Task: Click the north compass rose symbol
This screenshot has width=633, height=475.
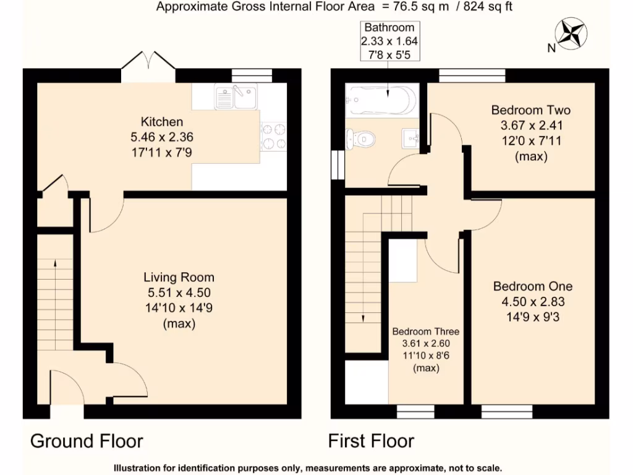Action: pyautogui.click(x=572, y=35)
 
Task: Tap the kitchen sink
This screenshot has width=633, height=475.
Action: pyautogui.click(x=236, y=97)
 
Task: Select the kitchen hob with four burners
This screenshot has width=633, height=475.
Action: pyautogui.click(x=274, y=136)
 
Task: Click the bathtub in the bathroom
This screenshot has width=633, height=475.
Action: pyautogui.click(x=382, y=99)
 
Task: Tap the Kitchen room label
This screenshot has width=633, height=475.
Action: pyautogui.click(x=161, y=121)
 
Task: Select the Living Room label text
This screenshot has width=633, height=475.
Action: pyautogui.click(x=179, y=276)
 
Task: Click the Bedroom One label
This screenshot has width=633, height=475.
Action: pyautogui.click(x=532, y=286)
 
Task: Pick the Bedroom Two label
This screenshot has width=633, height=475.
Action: pyautogui.click(x=530, y=110)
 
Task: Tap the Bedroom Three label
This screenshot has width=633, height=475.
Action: pyautogui.click(x=426, y=332)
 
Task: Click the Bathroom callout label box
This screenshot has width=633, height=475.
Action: pyautogui.click(x=389, y=41)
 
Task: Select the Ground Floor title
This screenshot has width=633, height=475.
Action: pyautogui.click(x=87, y=441)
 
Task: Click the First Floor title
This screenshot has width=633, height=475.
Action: pyautogui.click(x=371, y=441)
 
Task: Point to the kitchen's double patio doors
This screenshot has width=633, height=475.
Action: pyautogui.click(x=148, y=68)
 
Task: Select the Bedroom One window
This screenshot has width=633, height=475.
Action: pyautogui.click(x=507, y=411)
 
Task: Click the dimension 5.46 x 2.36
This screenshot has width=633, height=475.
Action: pyautogui.click(x=161, y=136)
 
